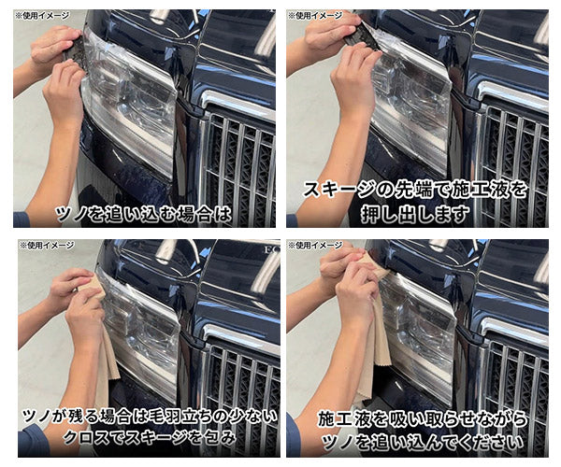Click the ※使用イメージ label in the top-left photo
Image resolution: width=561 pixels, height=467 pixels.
42,16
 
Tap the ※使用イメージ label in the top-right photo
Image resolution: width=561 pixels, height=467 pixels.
315,16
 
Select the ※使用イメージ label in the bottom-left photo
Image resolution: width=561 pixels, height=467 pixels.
47,246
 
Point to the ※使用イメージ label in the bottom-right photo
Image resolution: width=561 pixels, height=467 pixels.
315,246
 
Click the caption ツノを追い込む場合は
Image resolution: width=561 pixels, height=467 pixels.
144,214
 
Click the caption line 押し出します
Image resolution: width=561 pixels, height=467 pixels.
415,214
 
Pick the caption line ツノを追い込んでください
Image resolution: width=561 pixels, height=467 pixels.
423,443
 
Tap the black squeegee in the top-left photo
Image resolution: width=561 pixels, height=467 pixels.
76,51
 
